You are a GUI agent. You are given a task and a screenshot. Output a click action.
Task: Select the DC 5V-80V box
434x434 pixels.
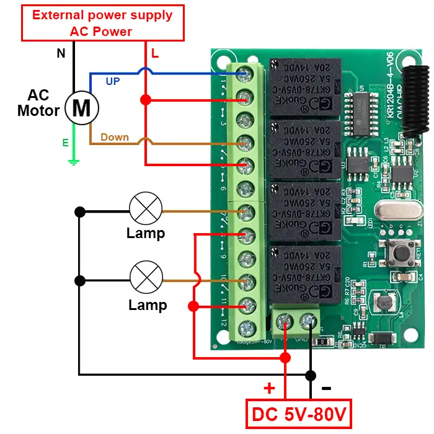coord(298,414)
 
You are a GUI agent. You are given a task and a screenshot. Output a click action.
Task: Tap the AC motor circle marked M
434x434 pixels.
coord(82,107)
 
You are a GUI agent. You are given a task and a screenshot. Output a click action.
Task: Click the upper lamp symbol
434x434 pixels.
coord(145,208)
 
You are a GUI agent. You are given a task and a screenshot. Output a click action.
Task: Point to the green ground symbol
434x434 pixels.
coord(74,161)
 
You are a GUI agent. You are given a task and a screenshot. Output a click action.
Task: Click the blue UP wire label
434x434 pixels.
coord(113,81)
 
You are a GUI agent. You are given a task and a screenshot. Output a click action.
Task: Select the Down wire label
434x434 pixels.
coord(115,137)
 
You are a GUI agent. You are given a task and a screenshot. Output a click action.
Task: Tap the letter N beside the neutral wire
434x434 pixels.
coord(61,54)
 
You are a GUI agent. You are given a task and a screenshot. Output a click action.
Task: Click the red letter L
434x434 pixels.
coord(155,54)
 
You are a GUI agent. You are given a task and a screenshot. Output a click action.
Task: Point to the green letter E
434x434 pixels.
coord(65,143)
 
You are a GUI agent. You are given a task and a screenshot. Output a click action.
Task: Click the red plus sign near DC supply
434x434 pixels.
coord(269,389)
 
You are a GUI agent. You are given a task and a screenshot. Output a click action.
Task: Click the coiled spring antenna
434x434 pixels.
coord(415,99)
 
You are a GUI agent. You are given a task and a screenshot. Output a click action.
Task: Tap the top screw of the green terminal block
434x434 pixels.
coord(246,74)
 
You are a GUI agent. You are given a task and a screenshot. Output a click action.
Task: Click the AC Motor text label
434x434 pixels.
coord(38,104)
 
